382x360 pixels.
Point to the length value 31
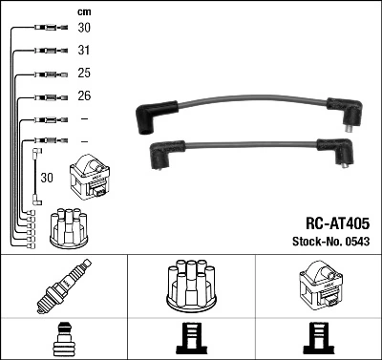pos(84,51)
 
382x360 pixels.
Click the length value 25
pos(84,74)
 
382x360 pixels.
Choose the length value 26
pos(84,96)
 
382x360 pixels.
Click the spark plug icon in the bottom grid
pos(63,287)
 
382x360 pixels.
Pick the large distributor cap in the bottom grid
pos(190,286)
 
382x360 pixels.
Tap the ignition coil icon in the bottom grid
pos(317,286)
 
